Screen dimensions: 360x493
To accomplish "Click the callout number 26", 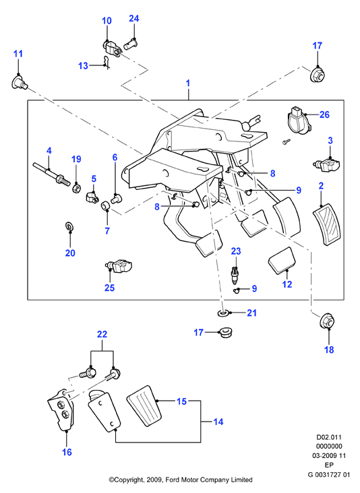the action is click(324, 114).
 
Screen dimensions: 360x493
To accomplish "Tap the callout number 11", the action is click(18, 53).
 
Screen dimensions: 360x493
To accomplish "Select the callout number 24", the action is click(133, 19).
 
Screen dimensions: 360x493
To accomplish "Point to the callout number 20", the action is click(70, 253).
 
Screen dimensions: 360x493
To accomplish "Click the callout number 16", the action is click(67, 452).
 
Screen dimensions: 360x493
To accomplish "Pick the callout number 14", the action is click(218, 422).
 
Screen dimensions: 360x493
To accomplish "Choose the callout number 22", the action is click(102, 334).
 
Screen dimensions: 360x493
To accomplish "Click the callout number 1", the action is click(188, 84).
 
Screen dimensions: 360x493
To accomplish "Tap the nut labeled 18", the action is click(327, 321).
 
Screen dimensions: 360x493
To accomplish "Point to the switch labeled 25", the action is click(119, 266).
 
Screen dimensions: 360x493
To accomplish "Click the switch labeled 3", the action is click(326, 164).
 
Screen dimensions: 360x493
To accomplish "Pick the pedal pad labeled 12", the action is click(282, 261).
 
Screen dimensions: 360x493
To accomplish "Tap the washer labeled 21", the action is click(223, 313).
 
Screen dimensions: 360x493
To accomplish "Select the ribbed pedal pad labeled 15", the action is click(146, 405).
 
